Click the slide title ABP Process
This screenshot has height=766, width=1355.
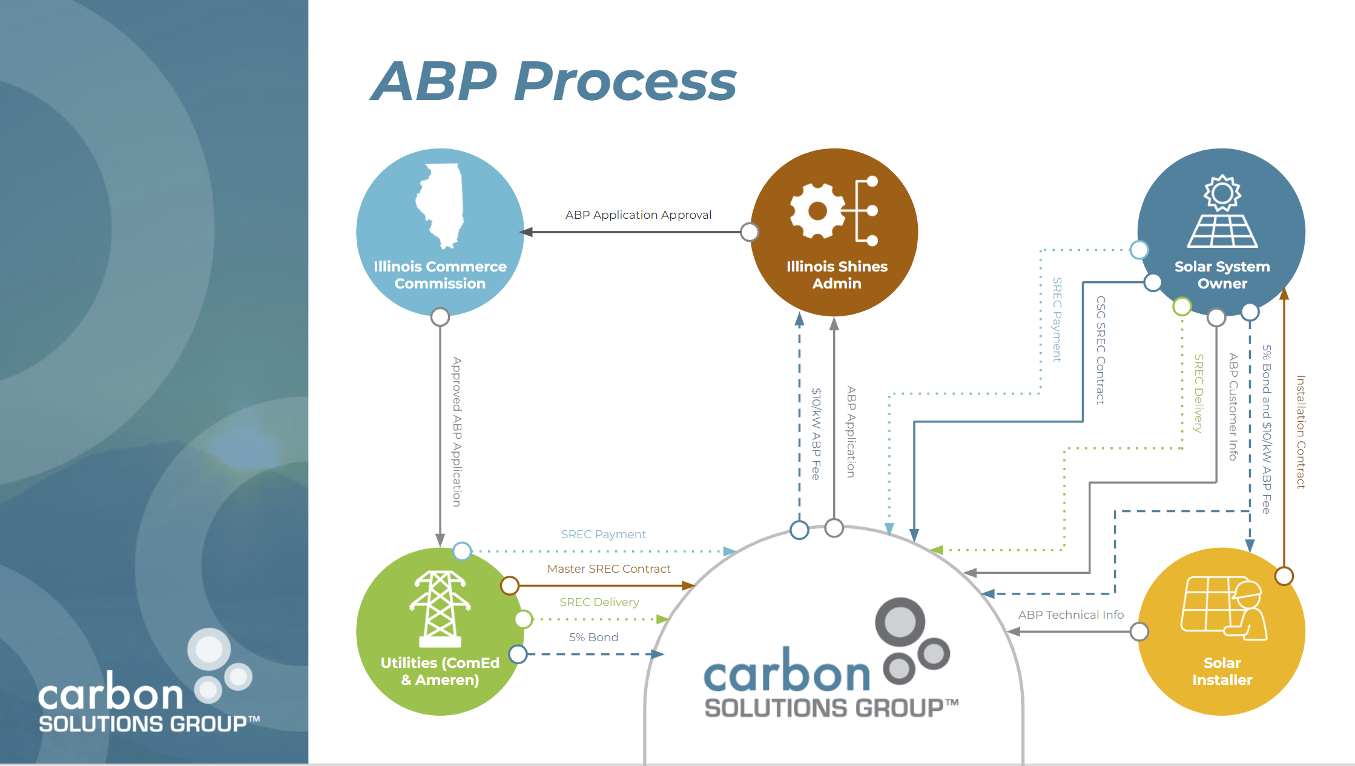point(553,81)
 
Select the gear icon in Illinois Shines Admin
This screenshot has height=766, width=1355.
point(817,210)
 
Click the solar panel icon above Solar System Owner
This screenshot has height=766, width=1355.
point(1222,211)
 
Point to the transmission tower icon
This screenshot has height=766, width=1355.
point(440,609)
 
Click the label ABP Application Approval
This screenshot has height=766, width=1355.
point(638,215)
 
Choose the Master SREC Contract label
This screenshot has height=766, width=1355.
point(608,569)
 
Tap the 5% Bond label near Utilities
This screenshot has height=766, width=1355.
point(593,638)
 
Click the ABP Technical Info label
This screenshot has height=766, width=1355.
point(1070,615)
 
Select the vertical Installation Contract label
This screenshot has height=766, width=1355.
point(1301,431)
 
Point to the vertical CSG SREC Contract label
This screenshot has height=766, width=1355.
point(1101,350)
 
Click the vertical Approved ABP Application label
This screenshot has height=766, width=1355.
point(457,431)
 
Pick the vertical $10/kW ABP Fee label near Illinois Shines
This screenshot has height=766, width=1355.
point(816,434)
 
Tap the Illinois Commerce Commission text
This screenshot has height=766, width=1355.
point(440,275)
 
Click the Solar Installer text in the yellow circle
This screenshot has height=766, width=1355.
point(1222,671)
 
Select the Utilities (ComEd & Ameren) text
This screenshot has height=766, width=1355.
point(440,671)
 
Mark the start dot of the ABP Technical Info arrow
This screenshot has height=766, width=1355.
point(1139,631)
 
